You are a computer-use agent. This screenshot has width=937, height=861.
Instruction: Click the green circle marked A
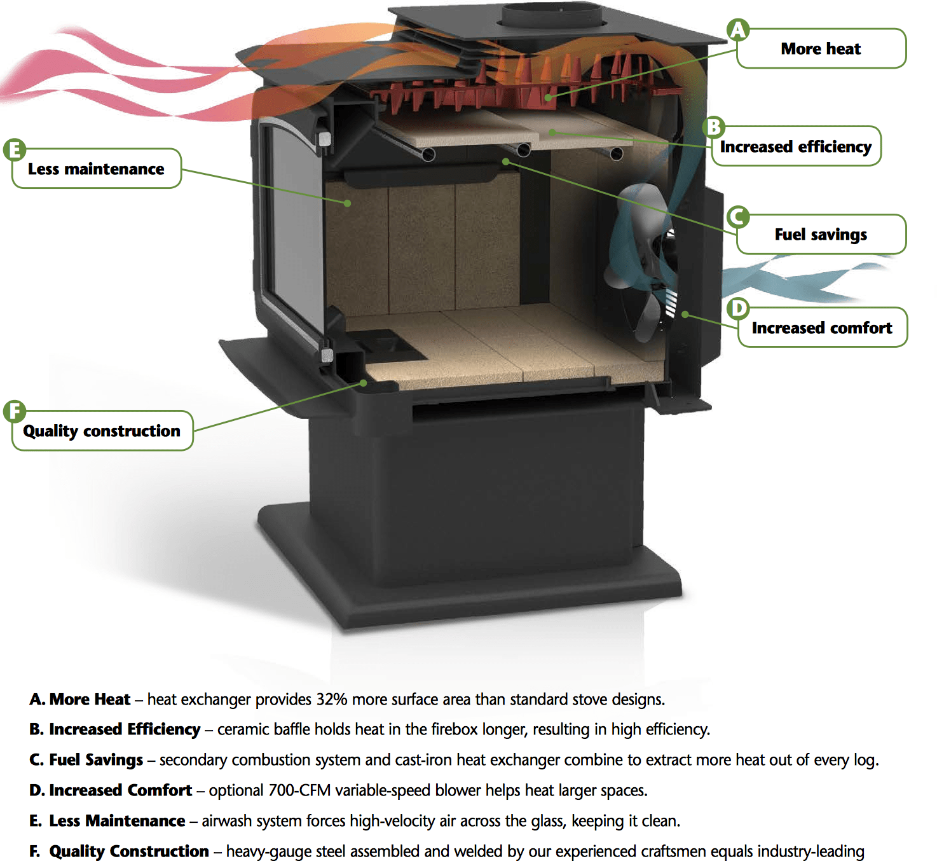pos(738,30)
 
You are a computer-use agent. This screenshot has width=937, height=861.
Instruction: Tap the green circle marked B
pos(714,127)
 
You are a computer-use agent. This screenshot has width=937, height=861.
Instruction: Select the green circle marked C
pos(738,217)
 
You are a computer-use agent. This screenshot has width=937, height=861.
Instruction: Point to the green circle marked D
pos(739,309)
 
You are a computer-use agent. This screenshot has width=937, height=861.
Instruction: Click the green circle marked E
pos(15,150)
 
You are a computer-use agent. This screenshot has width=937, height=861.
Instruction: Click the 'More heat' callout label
pos(821,48)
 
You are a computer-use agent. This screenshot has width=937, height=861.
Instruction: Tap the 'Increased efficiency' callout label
pos(796,146)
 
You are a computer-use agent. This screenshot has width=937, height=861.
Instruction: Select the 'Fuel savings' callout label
pos(821,234)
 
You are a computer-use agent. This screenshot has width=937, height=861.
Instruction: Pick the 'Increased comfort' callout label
pos(822,327)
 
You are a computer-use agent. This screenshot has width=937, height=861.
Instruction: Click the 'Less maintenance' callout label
pos(96,169)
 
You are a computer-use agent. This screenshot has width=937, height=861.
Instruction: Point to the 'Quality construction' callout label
pos(102,431)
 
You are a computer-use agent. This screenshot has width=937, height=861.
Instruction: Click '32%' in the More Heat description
pos(332,699)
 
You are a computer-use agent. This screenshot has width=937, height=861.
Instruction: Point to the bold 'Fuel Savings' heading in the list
pos(96,760)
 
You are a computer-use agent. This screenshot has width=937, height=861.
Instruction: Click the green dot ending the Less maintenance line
pos(347,203)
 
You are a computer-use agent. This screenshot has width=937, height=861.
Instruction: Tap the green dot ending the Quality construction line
pos(364,383)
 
